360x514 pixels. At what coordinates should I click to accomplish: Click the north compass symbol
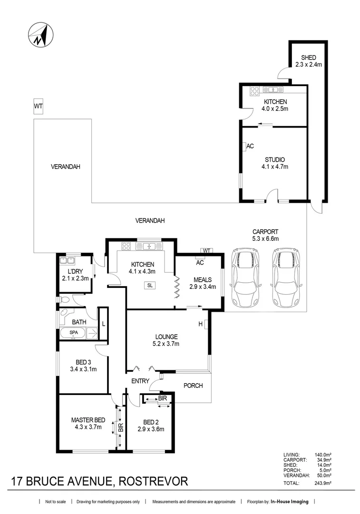pyautogui.click(x=40, y=35)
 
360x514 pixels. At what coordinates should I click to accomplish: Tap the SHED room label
pyautogui.click(x=308, y=58)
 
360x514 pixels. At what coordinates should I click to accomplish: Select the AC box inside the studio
pyautogui.click(x=249, y=147)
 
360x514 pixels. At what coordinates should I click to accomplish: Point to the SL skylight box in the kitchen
pyautogui.click(x=150, y=286)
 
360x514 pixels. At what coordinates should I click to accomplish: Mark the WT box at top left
pyautogui.click(x=38, y=107)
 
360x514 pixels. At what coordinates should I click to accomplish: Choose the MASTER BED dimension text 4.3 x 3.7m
pyautogui.click(x=88, y=427)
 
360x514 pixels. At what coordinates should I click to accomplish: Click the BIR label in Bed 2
pyautogui.click(x=162, y=398)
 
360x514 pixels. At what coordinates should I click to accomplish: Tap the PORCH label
pyautogui.click(x=193, y=385)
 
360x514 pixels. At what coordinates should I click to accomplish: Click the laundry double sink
pyautogui.click(x=67, y=260)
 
